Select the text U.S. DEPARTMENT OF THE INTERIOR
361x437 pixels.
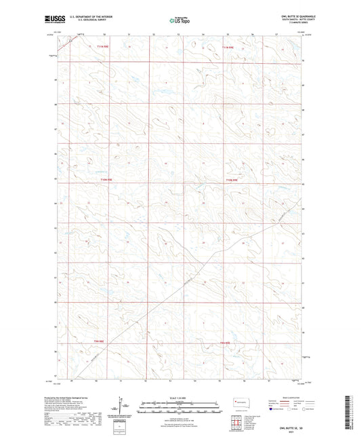click(83, 18)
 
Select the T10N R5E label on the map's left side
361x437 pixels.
click(106, 180)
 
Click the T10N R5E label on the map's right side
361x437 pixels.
click(232, 180)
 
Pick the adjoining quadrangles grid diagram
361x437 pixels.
click(235, 422)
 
